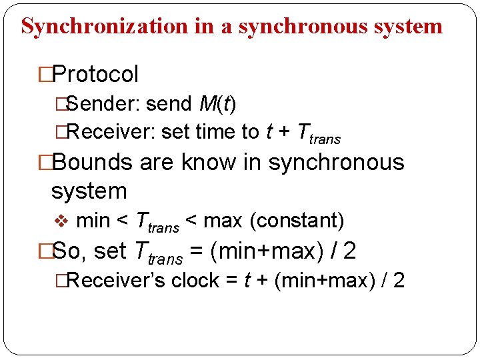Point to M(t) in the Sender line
click(x=217, y=105)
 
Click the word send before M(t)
click(x=169, y=105)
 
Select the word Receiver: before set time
click(x=111, y=132)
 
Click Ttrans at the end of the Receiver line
click(x=317, y=133)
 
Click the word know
click(x=214, y=162)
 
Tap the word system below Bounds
click(x=89, y=191)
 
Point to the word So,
click(x=69, y=251)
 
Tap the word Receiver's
click(x=116, y=281)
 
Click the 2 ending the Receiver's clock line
click(x=399, y=281)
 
